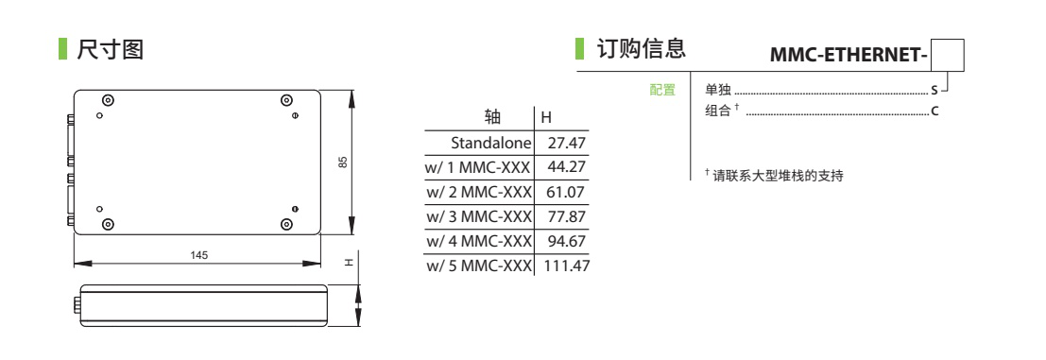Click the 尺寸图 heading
coord(111,49)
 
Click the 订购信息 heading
coord(641,49)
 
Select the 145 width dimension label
coord(198,255)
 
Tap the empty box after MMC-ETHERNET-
coord(948,56)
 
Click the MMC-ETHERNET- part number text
coord(849,56)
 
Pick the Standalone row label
coord(491,143)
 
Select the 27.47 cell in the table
coord(566,143)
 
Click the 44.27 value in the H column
coord(566,167)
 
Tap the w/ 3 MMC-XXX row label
coord(478,216)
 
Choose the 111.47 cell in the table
coord(567,266)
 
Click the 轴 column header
coord(492,118)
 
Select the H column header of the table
coord(546,118)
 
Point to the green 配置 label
coord(662,90)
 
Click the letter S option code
coord(934,90)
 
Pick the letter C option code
coord(935,111)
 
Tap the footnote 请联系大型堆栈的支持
coord(778,177)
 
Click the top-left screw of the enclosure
coord(108,100)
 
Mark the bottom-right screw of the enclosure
coord(286,224)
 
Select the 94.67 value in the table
coord(566,241)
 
